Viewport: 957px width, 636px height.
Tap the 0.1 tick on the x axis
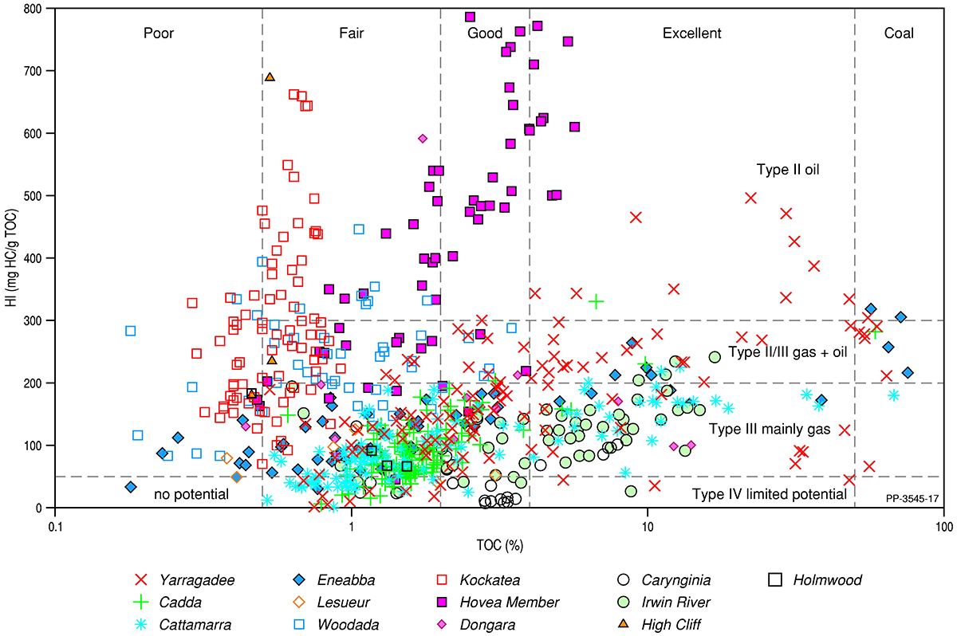click(x=54, y=528)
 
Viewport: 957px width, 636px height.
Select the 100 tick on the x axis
click(x=944, y=528)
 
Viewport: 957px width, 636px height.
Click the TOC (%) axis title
click(x=499, y=546)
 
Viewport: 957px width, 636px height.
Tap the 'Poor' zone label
click(x=159, y=33)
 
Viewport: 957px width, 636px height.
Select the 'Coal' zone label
click(x=899, y=33)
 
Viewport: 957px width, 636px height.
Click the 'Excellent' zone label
click(x=691, y=33)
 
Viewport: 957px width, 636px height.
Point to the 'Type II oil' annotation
click(x=788, y=170)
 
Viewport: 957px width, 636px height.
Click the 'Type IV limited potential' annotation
click(x=769, y=494)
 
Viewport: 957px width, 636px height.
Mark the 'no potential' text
click(x=191, y=494)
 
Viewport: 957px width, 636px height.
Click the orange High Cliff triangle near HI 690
click(x=270, y=77)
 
